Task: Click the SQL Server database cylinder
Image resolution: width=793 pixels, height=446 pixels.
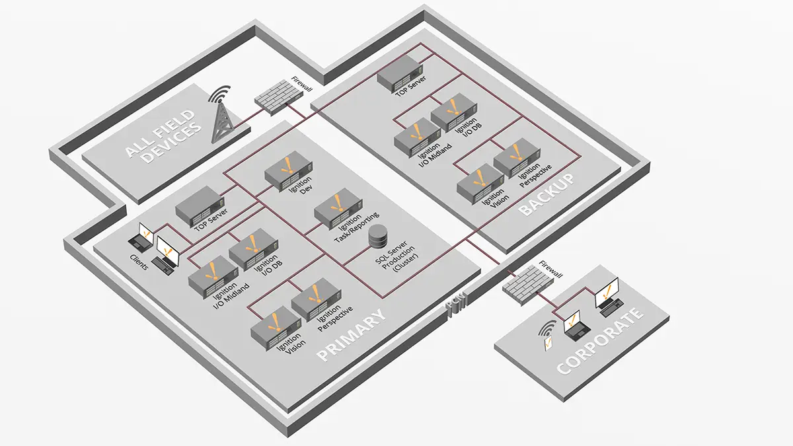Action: coord(378,236)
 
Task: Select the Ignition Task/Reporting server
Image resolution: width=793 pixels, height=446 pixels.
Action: coord(336,210)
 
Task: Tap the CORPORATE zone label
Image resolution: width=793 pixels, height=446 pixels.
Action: coord(600,341)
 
